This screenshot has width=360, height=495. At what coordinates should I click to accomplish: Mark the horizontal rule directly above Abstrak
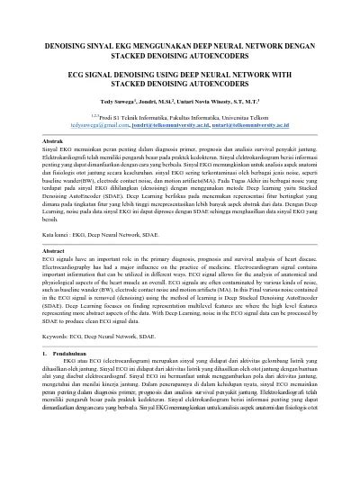(180, 136)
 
